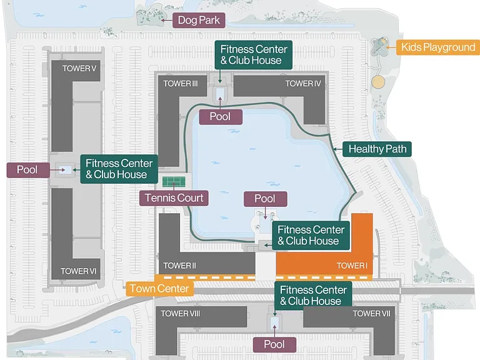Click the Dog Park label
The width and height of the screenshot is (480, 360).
(199, 20)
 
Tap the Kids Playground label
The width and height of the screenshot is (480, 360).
(438, 47)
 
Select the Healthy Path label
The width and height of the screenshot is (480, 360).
(377, 149)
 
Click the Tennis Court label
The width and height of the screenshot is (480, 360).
(174, 198)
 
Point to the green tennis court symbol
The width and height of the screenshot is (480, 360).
(174, 182)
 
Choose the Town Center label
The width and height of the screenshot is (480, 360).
(159, 288)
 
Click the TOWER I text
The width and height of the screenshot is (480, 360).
(352, 266)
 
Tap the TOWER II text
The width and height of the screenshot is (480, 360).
(179, 266)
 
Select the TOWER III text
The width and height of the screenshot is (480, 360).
(180, 84)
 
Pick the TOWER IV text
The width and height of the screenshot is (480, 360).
(303, 84)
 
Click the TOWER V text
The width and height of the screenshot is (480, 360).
(79, 69)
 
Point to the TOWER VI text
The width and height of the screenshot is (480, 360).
(78, 271)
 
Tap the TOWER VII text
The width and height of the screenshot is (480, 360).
(372, 314)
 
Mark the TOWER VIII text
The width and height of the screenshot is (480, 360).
(180, 314)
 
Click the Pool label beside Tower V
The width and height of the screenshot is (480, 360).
(28, 170)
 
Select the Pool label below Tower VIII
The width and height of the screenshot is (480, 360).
(274, 344)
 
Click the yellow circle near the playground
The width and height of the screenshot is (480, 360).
(378, 82)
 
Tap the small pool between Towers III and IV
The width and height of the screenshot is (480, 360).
(220, 94)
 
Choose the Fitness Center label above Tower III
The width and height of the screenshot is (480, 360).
(254, 55)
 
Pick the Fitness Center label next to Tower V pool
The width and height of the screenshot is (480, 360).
(119, 169)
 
